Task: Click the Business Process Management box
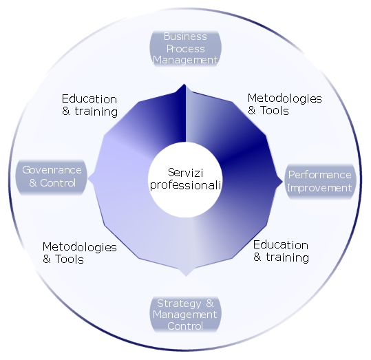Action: click(186, 48)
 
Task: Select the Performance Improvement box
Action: click(320, 182)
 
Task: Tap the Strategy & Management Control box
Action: click(186, 315)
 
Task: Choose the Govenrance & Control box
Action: click(52, 178)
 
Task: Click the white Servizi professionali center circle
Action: click(185, 180)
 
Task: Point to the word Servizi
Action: click(186, 173)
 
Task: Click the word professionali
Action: click(186, 185)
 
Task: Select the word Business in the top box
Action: click(185, 36)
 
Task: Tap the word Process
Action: click(186, 49)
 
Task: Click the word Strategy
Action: click(179, 304)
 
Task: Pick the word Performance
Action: click(319, 175)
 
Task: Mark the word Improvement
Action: click(319, 188)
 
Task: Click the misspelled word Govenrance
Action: click(52, 170)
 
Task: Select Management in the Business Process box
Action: click(185, 60)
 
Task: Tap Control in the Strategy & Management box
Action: click(185, 326)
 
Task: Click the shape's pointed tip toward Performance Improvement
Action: click(282, 182)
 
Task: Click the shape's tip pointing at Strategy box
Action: click(186, 276)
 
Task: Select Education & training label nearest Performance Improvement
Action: click(281, 251)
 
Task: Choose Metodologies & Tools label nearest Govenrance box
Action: click(80, 253)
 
